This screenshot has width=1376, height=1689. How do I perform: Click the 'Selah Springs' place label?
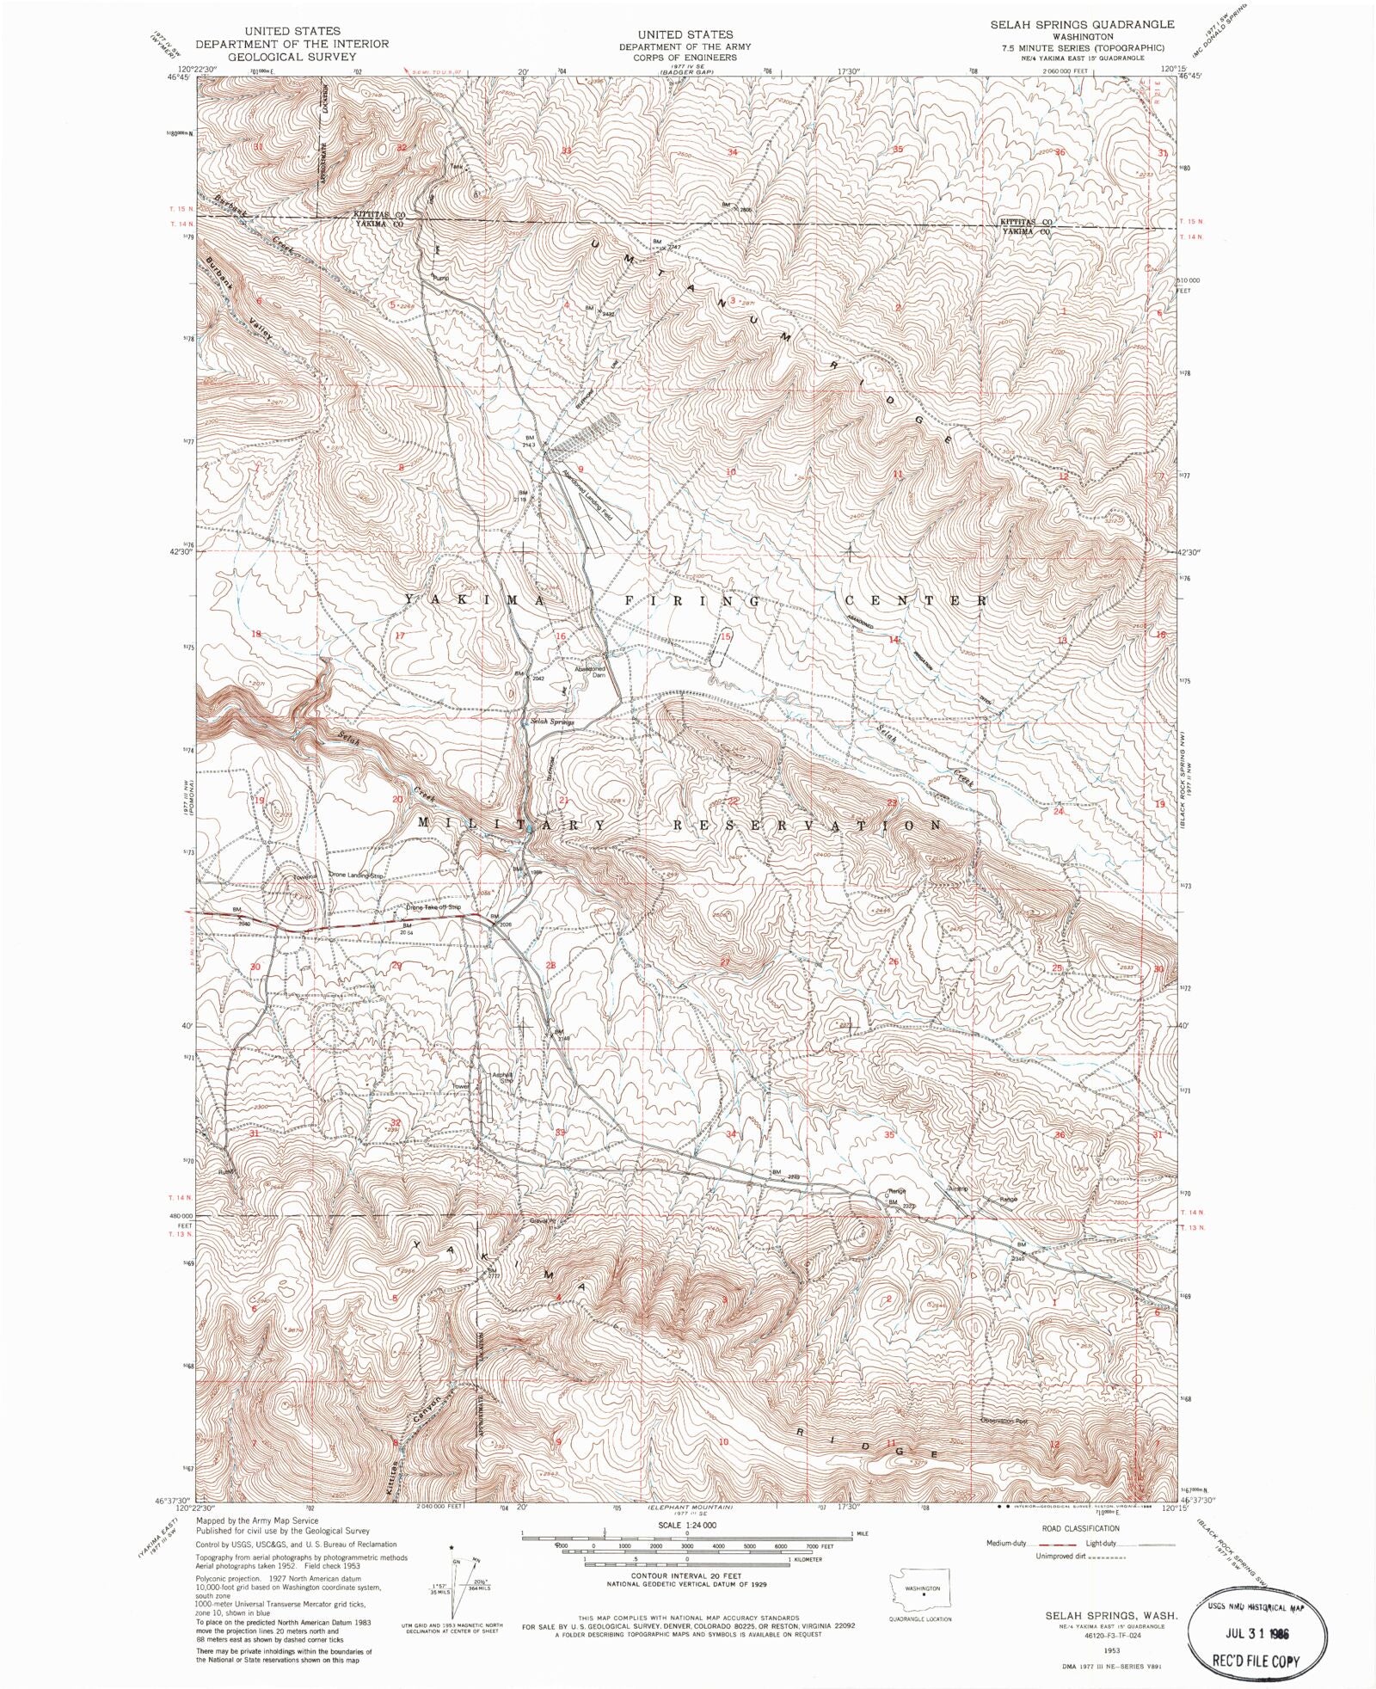pyautogui.click(x=552, y=722)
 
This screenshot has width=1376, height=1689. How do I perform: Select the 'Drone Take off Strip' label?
pyautogui.click(x=433, y=907)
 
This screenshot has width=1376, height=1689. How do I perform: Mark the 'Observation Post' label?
pyautogui.click(x=1005, y=1421)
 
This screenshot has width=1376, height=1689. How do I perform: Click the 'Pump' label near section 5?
pyautogui.click(x=440, y=277)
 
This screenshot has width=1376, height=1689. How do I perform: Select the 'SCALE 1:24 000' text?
pyautogui.click(x=687, y=1525)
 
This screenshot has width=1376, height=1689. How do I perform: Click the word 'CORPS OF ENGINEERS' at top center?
pyautogui.click(x=687, y=57)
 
